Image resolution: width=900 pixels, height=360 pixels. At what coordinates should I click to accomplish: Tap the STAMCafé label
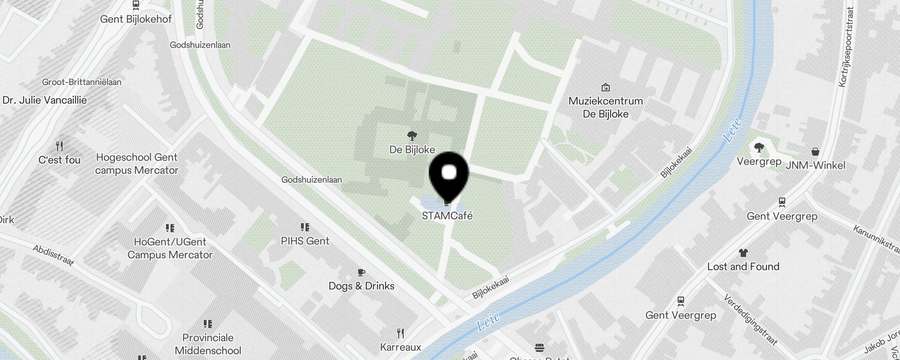point(447,216)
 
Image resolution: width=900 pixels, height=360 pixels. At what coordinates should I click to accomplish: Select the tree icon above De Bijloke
point(412,135)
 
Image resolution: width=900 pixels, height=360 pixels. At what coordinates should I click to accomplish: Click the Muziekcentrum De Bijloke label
point(606,107)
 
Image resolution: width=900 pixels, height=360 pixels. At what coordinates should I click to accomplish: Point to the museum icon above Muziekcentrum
point(606,87)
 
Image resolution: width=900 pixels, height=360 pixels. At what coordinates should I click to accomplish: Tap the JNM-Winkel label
point(815,165)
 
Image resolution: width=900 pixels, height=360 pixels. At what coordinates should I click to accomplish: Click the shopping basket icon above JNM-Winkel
point(815,152)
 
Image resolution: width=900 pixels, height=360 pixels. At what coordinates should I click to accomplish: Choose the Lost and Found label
point(743,266)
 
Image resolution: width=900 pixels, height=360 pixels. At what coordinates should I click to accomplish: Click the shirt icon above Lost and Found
point(743,253)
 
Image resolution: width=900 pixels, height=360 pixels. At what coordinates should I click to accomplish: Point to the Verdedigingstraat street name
point(750,319)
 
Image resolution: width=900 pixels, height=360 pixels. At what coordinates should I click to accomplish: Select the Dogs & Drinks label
point(361,286)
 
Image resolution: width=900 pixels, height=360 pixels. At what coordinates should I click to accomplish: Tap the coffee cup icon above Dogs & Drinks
point(361,272)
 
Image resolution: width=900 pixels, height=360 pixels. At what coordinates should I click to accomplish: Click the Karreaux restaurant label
point(400,347)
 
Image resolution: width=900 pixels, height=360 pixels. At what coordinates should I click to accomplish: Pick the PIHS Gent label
point(305,241)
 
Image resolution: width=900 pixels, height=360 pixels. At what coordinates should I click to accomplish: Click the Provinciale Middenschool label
point(208,344)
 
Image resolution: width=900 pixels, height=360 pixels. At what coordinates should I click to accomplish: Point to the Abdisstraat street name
point(54,255)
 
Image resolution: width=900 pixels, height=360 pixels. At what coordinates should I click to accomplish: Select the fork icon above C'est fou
point(59,146)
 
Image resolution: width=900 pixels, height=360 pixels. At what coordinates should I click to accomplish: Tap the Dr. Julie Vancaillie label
point(45,100)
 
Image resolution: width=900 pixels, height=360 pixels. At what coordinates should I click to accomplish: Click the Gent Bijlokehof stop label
point(136,19)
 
